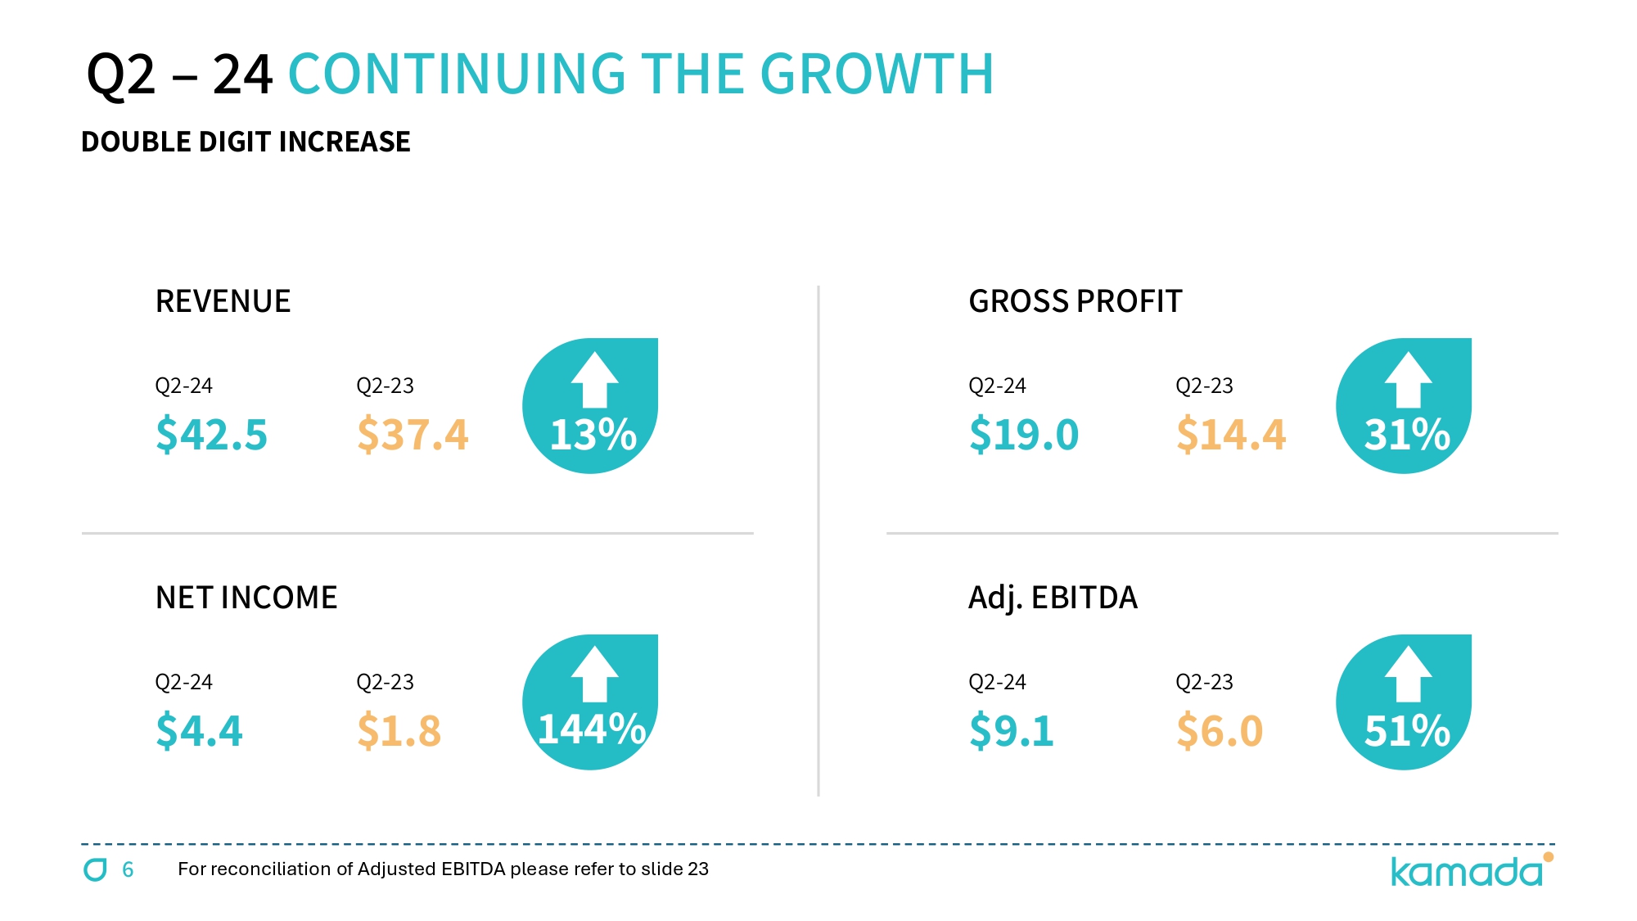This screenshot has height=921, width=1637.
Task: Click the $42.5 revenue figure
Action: tap(211, 434)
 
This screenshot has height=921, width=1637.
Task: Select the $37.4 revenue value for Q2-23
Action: tap(413, 434)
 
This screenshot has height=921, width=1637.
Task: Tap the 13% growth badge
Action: tap(591, 407)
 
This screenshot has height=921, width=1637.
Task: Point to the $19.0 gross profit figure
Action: tap(1024, 434)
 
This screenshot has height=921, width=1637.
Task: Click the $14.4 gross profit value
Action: tap(1231, 434)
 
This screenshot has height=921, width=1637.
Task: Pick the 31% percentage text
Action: tap(1407, 435)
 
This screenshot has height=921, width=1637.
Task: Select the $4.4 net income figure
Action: tap(199, 730)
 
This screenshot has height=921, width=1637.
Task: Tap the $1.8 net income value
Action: tap(399, 730)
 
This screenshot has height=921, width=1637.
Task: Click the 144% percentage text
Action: tap(592, 729)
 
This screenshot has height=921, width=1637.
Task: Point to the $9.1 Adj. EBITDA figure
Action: tap(1012, 730)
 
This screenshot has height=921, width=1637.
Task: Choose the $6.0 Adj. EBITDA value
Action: tap(1220, 730)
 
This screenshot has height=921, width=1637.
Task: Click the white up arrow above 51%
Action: tap(1408, 674)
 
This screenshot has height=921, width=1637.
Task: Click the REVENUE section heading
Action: tap(223, 301)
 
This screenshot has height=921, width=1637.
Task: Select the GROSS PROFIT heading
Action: tap(1075, 301)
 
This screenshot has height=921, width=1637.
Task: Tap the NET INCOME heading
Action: tap(246, 598)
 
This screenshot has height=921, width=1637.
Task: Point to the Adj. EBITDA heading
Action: tap(1053, 598)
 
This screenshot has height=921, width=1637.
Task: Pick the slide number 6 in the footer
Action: tap(128, 869)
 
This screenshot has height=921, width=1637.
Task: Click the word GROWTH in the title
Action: tap(877, 74)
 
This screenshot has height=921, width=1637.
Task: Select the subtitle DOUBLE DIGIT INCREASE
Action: tap(246, 142)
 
